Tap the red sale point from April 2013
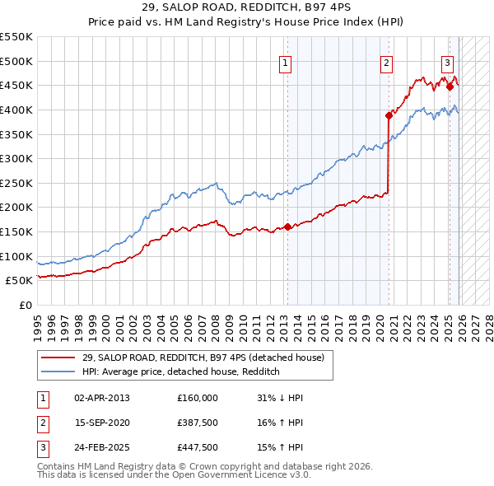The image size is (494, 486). point(287,227)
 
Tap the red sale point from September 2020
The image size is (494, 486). point(388,116)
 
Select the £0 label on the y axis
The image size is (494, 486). point(26,305)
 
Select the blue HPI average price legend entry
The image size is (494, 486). point(181,372)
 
